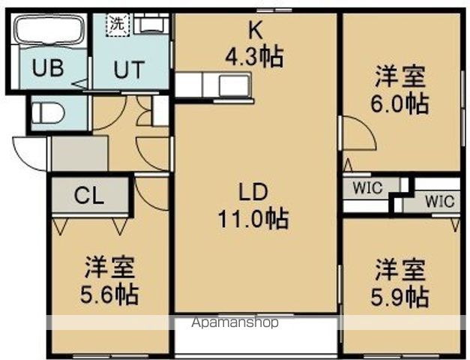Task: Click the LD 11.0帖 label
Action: (253, 206)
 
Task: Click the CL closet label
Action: (89, 197)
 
